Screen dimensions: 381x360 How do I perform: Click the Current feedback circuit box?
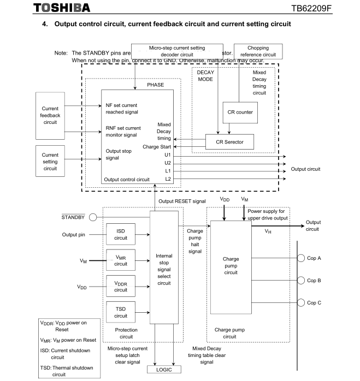coord(50,115)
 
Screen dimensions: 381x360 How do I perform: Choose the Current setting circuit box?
coord(50,162)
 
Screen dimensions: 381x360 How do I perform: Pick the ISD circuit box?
coord(121,234)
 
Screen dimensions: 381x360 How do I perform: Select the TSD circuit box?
coord(121,312)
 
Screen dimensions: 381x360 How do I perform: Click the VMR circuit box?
coord(121,260)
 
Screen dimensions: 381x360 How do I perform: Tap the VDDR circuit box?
coord(121,286)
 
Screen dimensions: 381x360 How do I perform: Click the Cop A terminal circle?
coord(300,258)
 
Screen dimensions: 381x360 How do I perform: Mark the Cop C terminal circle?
coord(300,303)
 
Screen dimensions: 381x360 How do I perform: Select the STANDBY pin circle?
coord(93,217)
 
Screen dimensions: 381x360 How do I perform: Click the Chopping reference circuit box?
coord(258,52)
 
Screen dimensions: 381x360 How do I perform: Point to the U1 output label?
coord(168,155)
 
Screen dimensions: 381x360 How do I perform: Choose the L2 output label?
coord(168,178)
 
